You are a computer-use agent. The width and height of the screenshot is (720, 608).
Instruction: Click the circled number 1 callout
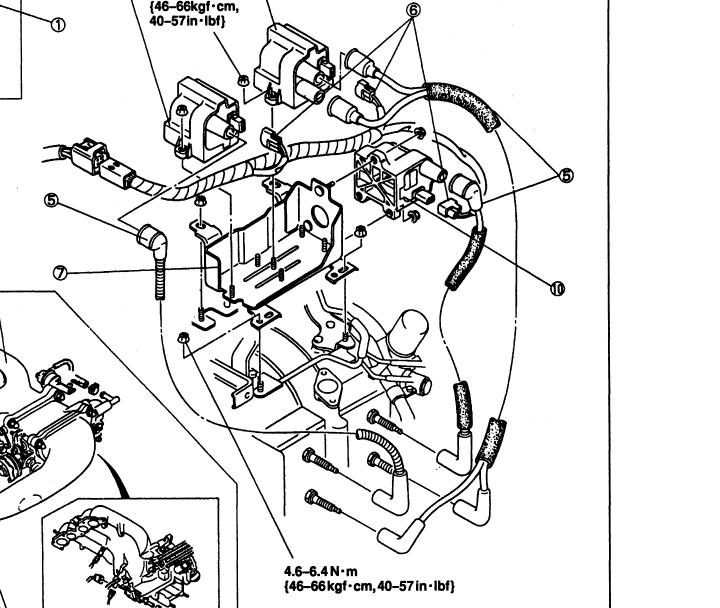(59, 25)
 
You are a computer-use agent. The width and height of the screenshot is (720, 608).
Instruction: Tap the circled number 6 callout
(413, 10)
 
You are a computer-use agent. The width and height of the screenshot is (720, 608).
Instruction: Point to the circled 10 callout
(556, 288)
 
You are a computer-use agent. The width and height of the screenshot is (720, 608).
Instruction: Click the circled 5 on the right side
(567, 175)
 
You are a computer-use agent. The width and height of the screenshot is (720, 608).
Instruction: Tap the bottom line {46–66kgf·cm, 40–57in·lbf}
(370, 585)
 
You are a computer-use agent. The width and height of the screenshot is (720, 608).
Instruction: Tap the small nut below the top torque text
(243, 79)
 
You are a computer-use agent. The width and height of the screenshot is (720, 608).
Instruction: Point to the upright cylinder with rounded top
(410, 336)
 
